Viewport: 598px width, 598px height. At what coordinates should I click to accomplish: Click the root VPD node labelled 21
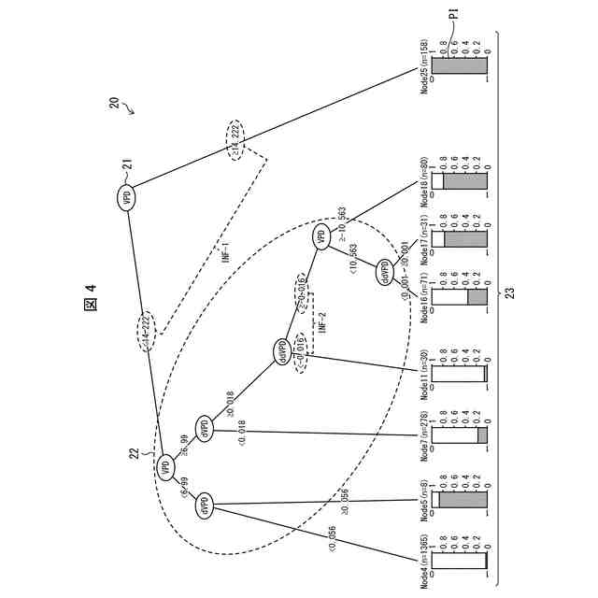coord(127,197)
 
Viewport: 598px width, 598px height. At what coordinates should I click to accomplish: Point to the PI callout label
coord(453,15)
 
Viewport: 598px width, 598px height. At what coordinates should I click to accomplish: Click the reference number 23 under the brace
coord(508,292)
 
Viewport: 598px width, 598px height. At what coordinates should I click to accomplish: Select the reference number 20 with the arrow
coord(114,105)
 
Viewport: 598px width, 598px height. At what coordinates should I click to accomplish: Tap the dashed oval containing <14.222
coord(146,331)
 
